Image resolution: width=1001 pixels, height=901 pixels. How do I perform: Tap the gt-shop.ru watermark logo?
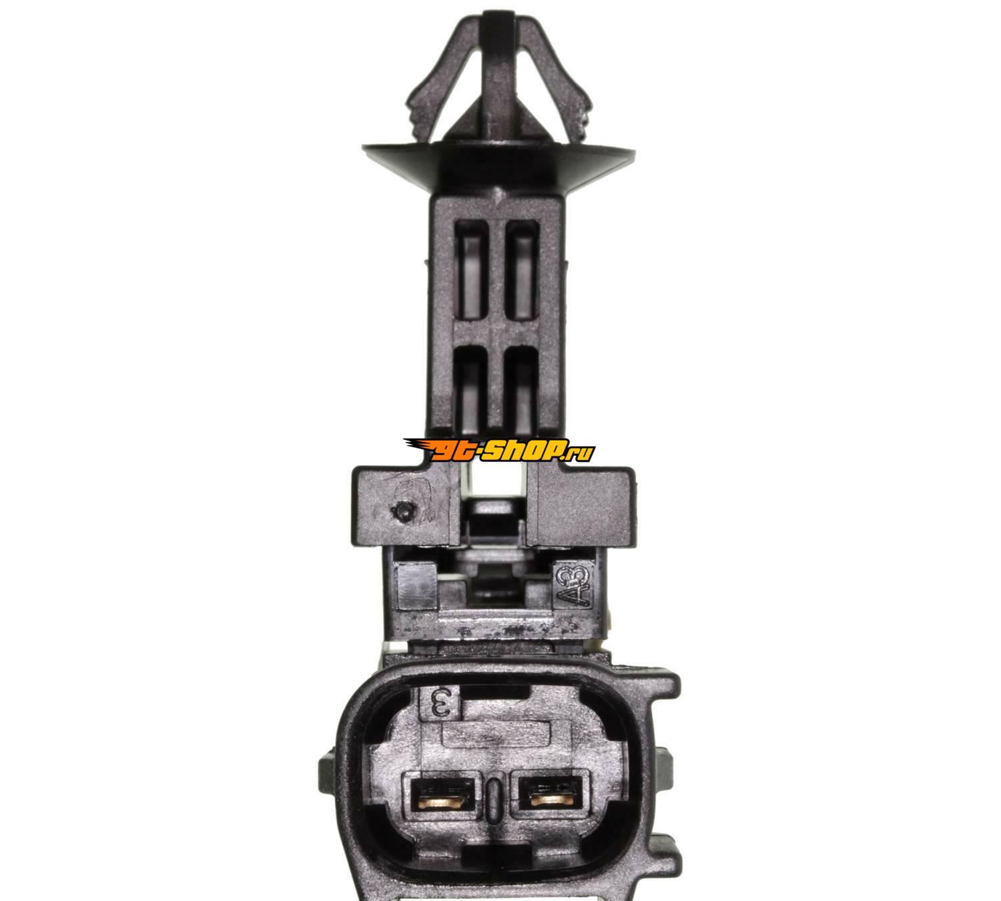tap(498, 449)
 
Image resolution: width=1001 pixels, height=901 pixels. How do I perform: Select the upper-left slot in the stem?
tap(470, 278)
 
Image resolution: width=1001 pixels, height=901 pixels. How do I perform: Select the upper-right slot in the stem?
tap(522, 278)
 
